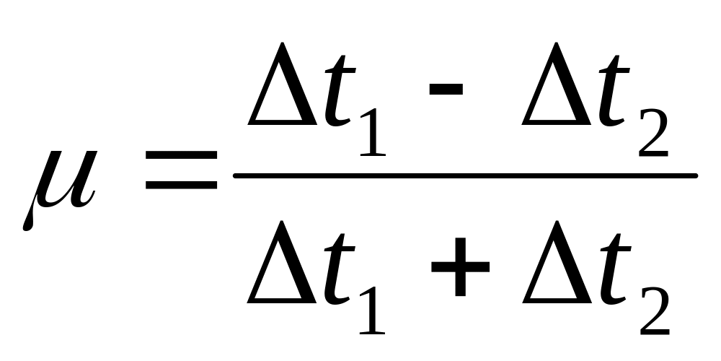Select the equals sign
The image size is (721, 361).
181,170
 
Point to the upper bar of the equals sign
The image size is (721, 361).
181,155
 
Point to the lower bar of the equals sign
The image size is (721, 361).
181,185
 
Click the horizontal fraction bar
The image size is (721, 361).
465,175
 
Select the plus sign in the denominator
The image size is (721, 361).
459,267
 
